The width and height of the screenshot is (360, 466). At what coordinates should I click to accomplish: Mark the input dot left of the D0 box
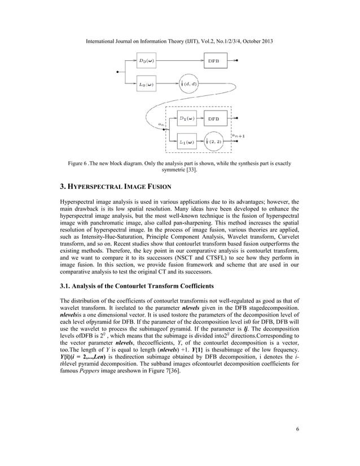[117, 72]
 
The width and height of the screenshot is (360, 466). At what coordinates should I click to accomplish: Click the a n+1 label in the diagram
[238, 135]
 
